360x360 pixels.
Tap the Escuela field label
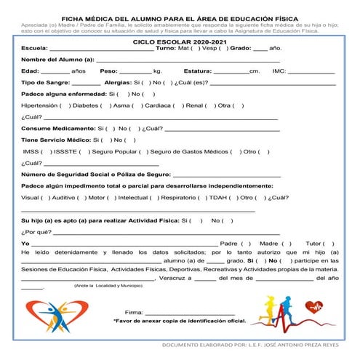33,49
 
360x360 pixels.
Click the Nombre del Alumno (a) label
58,60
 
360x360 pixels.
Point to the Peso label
108,71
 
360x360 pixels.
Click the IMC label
279,71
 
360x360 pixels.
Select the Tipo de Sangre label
45,83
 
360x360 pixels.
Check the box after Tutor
331,244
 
